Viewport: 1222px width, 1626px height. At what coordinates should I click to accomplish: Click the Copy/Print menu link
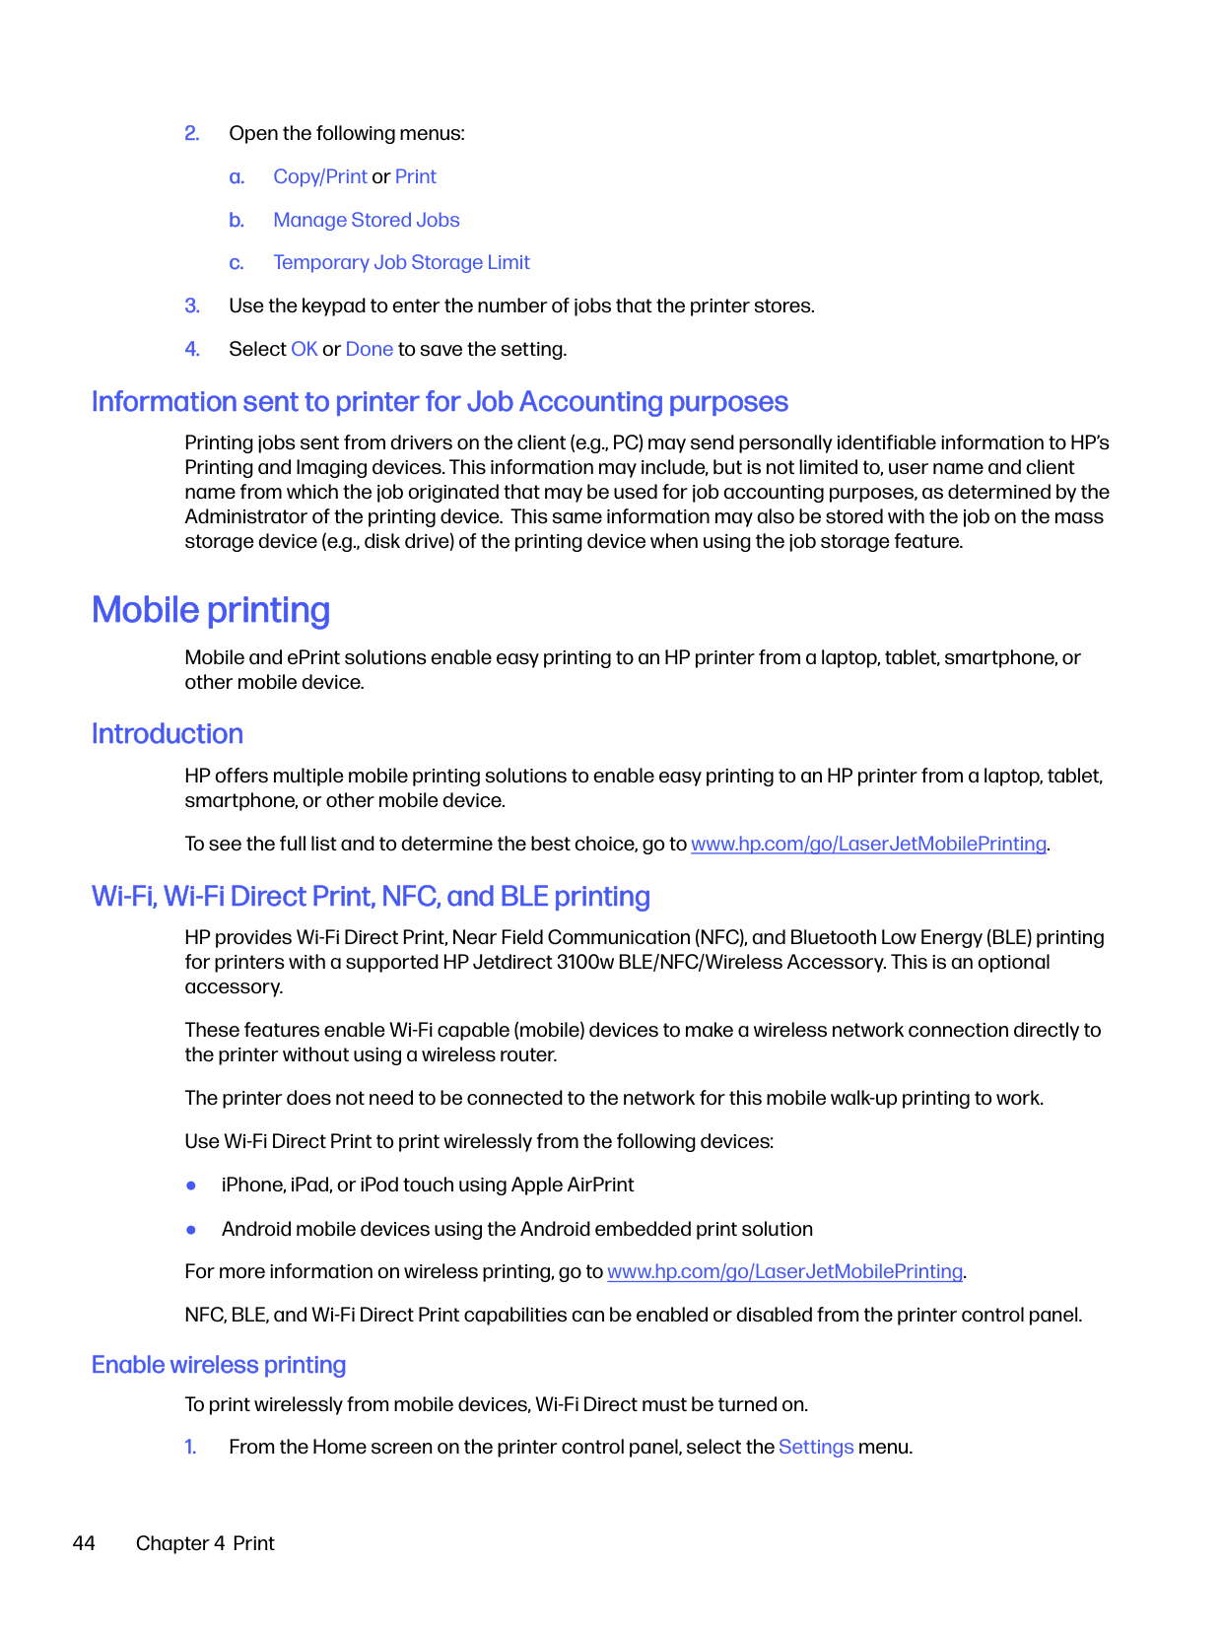(319, 177)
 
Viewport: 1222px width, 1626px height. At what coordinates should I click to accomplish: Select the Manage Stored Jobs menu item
(366, 220)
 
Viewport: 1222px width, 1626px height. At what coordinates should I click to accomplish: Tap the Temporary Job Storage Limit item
(401, 263)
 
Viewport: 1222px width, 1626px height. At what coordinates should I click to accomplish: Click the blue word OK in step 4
(304, 350)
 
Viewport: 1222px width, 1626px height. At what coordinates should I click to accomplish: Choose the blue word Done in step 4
(369, 350)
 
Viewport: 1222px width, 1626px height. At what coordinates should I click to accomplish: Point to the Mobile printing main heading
(211, 611)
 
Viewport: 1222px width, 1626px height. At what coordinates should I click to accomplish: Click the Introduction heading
(168, 734)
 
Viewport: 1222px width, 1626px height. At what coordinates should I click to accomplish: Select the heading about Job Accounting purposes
(440, 402)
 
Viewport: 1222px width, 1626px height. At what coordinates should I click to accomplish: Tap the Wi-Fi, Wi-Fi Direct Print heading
(371, 897)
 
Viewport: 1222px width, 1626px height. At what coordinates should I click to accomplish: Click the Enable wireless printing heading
(219, 1365)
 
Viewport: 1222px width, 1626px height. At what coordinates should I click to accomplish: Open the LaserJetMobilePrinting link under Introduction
(868, 845)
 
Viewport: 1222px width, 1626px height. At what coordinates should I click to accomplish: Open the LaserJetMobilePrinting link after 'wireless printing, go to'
(784, 1272)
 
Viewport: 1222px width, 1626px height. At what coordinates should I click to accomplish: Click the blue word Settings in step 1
(816, 1448)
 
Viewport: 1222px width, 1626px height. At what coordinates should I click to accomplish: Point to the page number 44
(84, 1544)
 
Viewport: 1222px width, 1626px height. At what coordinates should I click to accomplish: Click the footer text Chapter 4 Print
(205, 1544)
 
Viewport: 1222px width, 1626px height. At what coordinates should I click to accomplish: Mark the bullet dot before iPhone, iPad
(191, 1186)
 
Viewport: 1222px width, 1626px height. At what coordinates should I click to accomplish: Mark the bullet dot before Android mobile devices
(191, 1230)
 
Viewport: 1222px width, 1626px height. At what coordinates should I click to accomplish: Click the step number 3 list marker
(192, 306)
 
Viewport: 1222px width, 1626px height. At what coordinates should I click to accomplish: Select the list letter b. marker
(237, 221)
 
